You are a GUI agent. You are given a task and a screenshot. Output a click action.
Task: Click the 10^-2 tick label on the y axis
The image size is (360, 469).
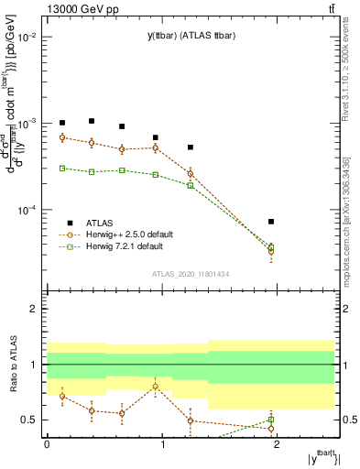pos(28,38)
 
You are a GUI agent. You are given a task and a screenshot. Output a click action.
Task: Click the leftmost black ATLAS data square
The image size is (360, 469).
pos(62,123)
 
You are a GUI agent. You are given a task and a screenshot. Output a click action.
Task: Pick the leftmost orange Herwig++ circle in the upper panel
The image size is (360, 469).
pos(62,137)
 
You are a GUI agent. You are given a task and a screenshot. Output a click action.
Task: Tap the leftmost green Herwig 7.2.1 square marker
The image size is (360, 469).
pos(62,168)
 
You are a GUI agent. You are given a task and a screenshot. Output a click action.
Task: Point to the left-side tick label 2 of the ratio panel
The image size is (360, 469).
pos(36,310)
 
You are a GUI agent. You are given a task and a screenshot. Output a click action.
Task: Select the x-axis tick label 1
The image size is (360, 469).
pos(163,444)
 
